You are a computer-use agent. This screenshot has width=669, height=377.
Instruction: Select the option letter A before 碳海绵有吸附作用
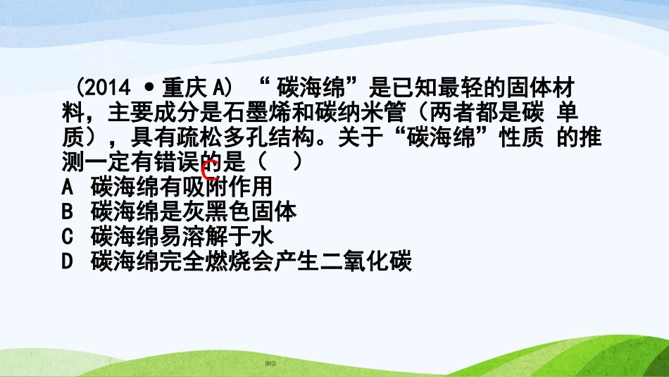point(68,187)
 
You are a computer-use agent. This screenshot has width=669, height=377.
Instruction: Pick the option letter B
point(68,211)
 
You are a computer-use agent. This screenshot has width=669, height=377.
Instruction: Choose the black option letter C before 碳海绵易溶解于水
point(68,235)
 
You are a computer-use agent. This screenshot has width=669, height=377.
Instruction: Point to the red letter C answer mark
point(209,168)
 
